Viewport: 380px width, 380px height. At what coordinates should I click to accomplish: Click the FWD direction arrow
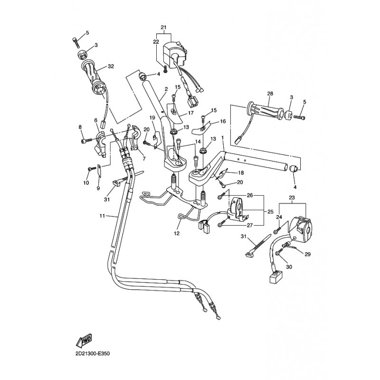point(84,340)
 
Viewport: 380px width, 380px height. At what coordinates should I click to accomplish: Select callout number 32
point(111,66)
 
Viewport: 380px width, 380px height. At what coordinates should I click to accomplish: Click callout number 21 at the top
point(164,27)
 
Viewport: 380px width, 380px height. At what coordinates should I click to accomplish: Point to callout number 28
point(269,93)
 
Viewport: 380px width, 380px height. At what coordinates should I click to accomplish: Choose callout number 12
point(177,233)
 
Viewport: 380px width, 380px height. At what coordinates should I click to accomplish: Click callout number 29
point(307,255)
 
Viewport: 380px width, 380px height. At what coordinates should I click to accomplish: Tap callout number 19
point(152,117)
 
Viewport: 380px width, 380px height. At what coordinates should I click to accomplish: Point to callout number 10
point(86,182)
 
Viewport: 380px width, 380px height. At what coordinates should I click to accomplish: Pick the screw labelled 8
point(85,141)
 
